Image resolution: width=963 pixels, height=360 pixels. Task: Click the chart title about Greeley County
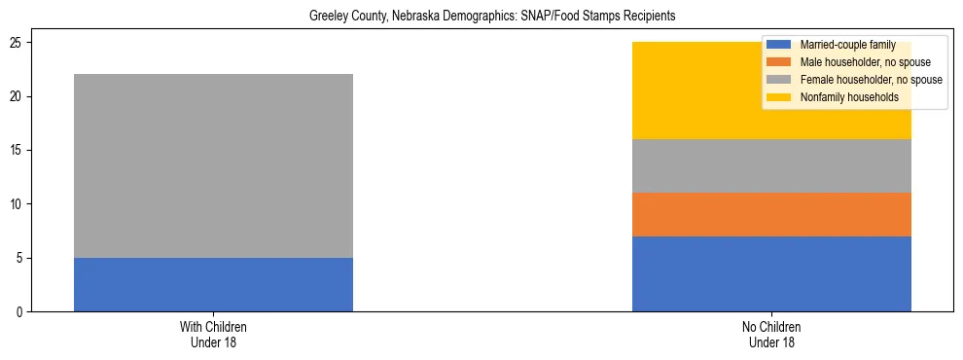coord(491,17)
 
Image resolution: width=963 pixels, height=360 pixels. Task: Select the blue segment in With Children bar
coord(213,284)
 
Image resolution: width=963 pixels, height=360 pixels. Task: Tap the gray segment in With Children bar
coord(213,165)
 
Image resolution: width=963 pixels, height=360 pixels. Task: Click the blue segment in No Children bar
coord(771,273)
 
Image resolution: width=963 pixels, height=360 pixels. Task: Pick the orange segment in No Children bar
coord(771,214)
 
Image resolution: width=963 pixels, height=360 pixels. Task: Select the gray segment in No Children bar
coord(771,165)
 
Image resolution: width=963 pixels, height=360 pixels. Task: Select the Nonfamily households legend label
coord(843,97)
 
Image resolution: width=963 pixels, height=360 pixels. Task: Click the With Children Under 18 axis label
coord(213,335)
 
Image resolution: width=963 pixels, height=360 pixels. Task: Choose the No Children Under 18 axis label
coord(771,335)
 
